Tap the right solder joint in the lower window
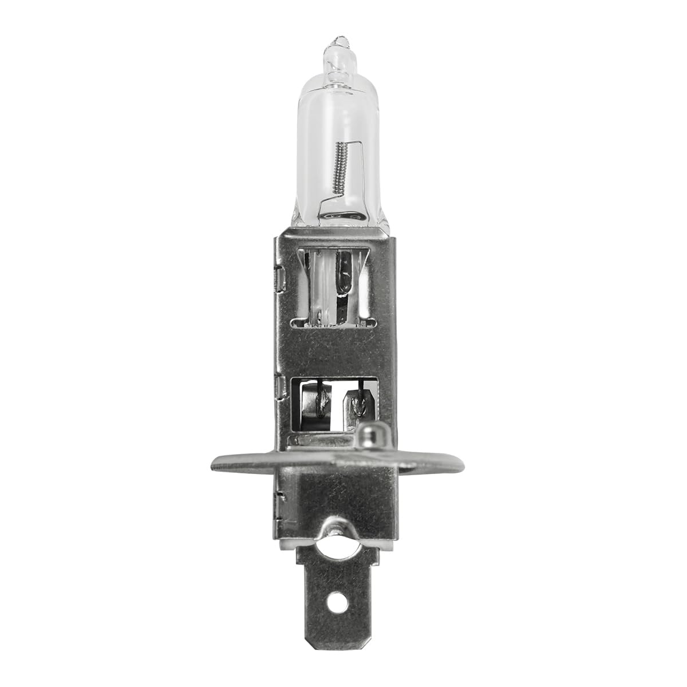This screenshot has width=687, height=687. pyautogui.click(x=359, y=404)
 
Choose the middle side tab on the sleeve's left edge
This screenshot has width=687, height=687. pyautogui.click(x=277, y=387)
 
